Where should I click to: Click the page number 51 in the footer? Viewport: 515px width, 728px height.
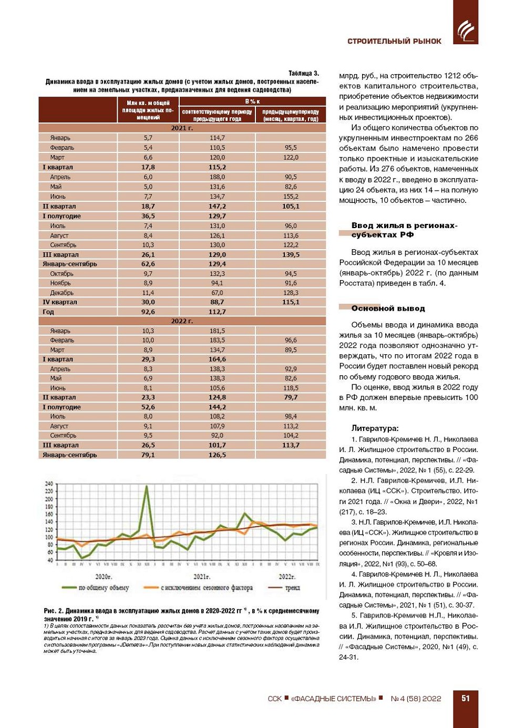tap(465, 698)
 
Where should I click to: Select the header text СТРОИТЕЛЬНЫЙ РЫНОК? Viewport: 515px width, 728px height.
tap(394, 41)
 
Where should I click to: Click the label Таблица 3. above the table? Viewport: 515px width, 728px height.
tap(303, 74)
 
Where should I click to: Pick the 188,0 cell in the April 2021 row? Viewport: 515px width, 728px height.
tap(217, 177)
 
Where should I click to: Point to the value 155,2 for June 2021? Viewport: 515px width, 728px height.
tap(291, 197)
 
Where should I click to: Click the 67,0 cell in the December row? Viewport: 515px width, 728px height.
tap(217, 293)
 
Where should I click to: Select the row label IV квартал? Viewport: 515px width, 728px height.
tap(60, 302)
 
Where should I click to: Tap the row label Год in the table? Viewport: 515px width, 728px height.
tap(48, 312)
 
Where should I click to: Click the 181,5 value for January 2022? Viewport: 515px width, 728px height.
tap(217, 331)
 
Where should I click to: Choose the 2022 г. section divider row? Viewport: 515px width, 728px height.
tap(182, 321)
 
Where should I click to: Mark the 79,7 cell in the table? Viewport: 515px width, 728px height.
tap(291, 397)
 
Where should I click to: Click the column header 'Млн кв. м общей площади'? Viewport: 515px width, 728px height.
tap(148, 110)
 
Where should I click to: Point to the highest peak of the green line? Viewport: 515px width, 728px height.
tap(147, 486)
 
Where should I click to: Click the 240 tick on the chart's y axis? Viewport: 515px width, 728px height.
tap(49, 484)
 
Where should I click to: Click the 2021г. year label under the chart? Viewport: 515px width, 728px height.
tap(202, 577)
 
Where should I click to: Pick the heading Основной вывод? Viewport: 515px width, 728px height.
tap(388, 309)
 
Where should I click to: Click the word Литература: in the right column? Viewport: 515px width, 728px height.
tap(375, 428)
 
